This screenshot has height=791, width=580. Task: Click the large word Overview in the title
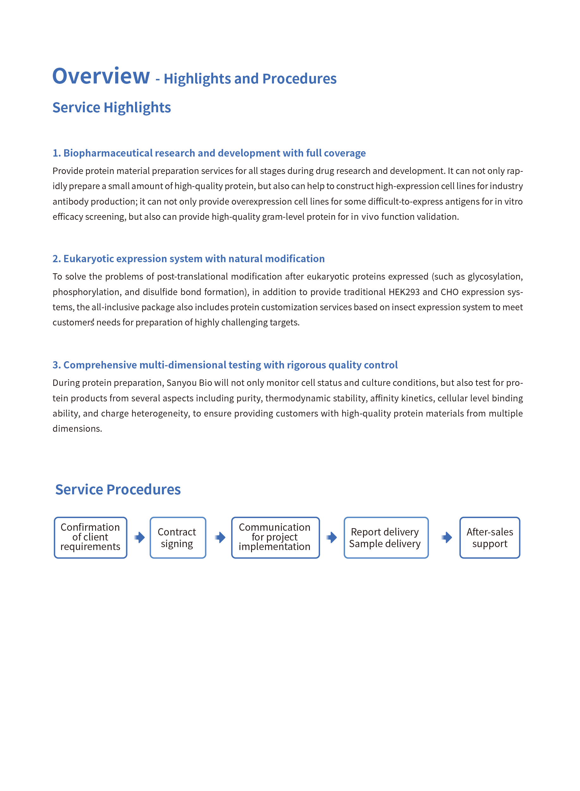point(101,76)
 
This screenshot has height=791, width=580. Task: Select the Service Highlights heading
point(112,108)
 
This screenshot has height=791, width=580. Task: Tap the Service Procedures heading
point(118,489)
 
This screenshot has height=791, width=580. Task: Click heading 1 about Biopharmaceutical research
point(209,153)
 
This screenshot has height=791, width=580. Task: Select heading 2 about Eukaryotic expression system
point(188,259)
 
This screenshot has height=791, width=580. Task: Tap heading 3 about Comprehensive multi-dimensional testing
point(225,365)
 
